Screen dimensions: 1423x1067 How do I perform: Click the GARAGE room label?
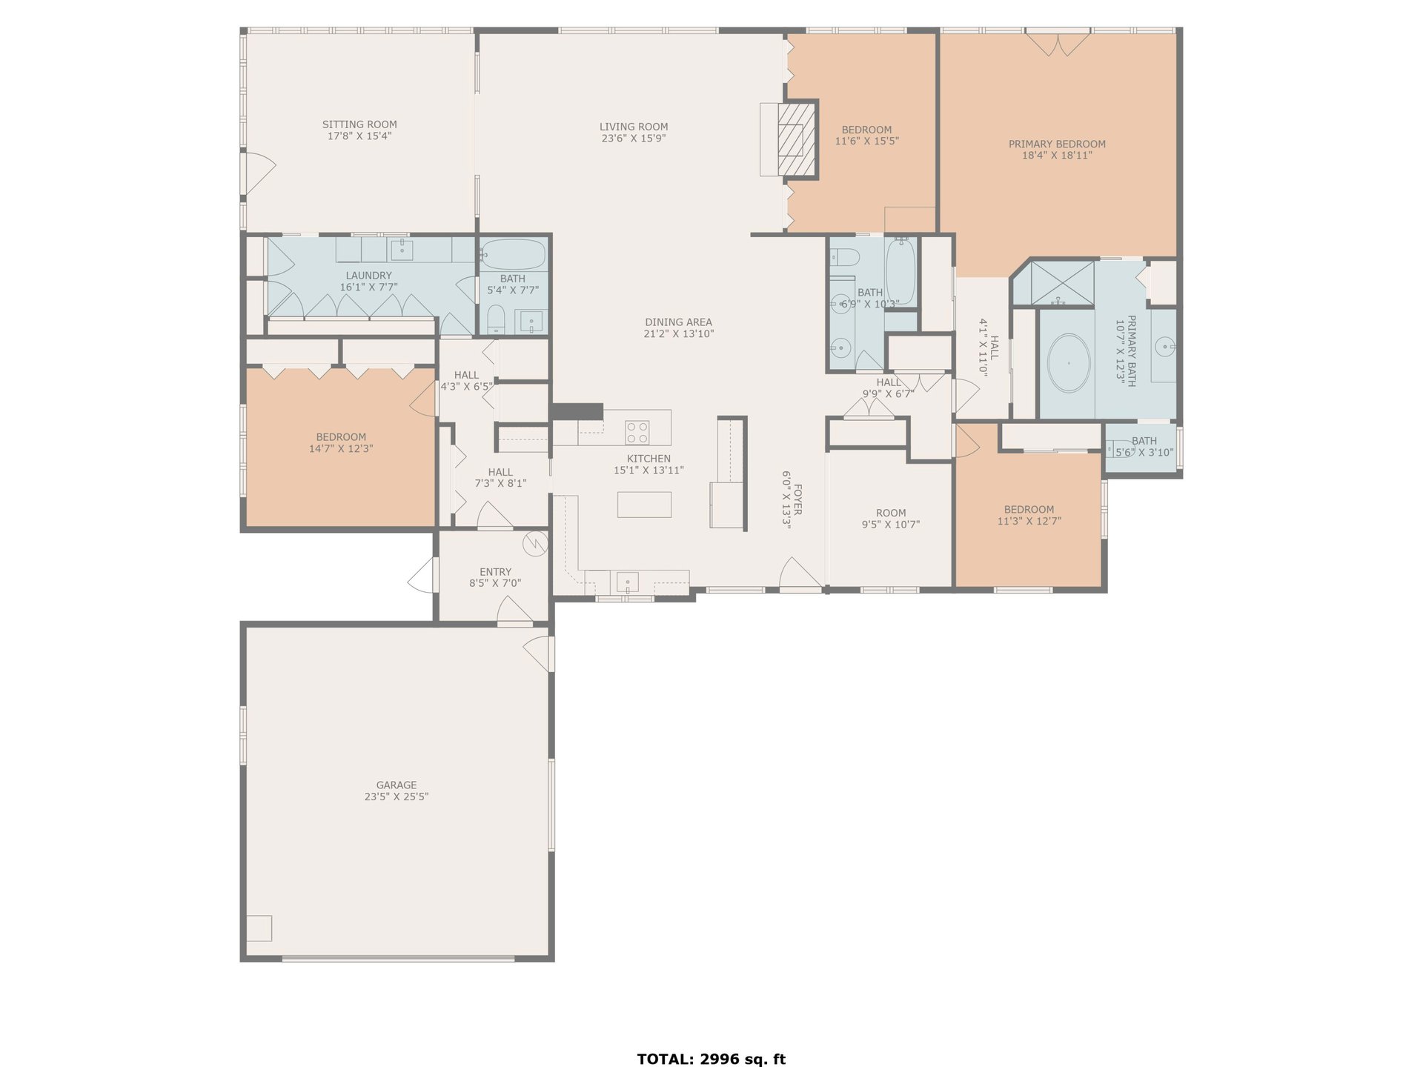[397, 785]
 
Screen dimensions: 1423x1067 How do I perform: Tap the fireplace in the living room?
[795, 139]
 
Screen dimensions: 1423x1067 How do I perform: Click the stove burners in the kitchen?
[637, 432]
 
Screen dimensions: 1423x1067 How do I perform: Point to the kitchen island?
[645, 505]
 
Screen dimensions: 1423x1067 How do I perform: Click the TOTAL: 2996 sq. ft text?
[711, 1059]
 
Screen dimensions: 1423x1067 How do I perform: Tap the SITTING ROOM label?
[359, 124]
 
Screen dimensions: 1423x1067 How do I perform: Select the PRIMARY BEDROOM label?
[1057, 144]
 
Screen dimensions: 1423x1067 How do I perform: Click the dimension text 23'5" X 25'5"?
[397, 797]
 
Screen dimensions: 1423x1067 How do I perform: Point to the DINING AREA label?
[678, 322]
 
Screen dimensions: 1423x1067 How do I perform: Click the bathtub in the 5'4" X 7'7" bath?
[514, 254]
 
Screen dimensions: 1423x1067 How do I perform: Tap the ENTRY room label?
[495, 572]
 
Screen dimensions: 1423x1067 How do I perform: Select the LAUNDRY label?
[368, 276]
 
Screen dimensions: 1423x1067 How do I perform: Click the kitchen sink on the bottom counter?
[627, 582]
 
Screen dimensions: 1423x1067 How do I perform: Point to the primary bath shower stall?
[1053, 283]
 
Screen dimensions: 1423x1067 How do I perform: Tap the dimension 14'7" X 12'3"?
[341, 448]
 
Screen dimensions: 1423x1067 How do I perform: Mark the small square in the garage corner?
[259, 928]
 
